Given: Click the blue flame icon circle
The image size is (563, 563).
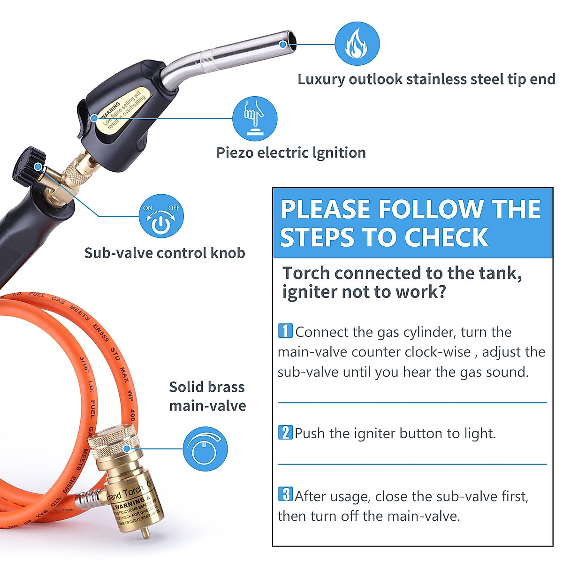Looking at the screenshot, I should click(357, 44).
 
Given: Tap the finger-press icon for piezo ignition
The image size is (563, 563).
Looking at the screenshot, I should click(255, 119).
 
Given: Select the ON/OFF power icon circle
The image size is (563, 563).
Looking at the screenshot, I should click(161, 216).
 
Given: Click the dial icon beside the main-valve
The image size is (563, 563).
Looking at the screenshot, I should click(205, 449).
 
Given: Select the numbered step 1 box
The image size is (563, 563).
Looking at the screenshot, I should click(285, 331).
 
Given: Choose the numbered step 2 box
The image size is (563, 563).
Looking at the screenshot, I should click(285, 432).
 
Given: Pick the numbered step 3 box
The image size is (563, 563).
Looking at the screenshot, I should click(285, 494).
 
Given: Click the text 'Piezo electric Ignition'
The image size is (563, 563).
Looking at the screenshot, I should click(291, 152).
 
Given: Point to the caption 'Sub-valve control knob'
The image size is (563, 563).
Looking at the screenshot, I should click(165, 253).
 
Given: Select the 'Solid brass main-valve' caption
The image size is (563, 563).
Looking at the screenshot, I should click(207, 396).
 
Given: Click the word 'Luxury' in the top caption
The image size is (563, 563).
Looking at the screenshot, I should click(321, 79).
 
